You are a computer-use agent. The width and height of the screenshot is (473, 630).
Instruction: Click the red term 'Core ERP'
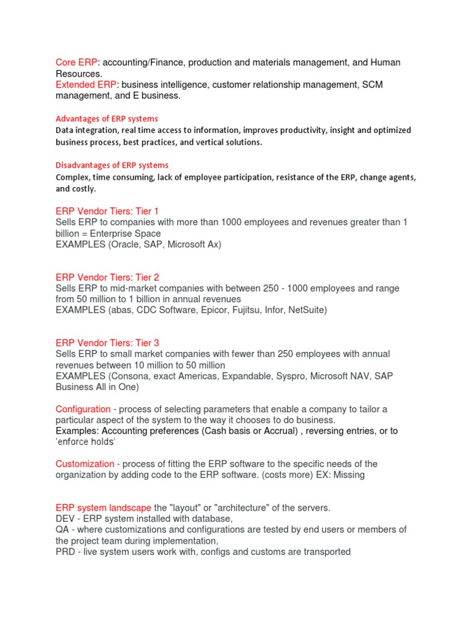click(76, 62)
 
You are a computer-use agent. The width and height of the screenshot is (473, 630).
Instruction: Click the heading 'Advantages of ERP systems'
click(107, 119)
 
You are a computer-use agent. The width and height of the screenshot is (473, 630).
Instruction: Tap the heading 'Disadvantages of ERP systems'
click(111, 165)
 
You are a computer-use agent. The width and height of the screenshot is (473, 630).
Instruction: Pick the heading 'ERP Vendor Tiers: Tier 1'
click(107, 211)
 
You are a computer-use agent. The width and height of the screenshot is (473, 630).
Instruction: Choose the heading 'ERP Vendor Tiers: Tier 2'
click(107, 277)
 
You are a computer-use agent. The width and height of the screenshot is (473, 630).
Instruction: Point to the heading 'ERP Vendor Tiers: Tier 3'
click(107, 343)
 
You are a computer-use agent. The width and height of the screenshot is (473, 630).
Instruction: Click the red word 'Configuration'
click(83, 409)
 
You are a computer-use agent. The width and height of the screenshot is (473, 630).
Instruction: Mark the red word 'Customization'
click(85, 464)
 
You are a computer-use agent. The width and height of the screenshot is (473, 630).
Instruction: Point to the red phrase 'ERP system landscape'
click(103, 508)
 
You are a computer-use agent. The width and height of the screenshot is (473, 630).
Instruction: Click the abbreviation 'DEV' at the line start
click(66, 519)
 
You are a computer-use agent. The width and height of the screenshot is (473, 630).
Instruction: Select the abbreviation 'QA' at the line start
click(62, 530)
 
